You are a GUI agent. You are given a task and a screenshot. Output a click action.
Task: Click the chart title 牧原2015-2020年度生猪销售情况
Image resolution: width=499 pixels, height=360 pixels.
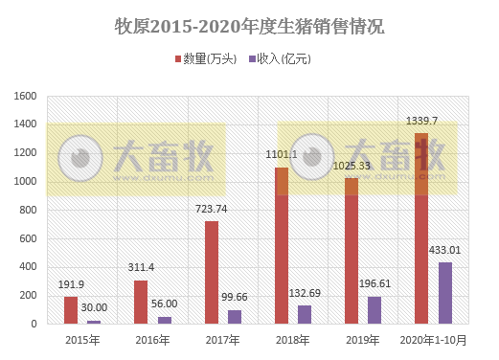point(249,26)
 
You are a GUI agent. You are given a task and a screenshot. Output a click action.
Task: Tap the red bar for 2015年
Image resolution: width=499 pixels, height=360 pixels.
point(71,310)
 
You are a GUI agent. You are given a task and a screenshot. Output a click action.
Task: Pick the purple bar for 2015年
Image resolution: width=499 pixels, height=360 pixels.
point(94,322)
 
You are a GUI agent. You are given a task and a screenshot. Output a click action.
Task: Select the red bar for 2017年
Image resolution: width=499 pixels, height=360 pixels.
point(212,273)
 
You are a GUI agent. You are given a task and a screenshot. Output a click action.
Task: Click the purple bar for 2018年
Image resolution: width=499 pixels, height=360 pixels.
point(305,315)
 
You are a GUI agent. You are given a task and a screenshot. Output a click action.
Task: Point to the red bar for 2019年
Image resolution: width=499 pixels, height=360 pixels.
point(352,251)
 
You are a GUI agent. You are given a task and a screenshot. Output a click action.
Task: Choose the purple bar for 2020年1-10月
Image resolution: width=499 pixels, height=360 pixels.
point(445,293)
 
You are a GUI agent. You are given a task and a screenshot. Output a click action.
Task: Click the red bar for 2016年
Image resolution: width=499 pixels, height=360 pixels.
point(141,302)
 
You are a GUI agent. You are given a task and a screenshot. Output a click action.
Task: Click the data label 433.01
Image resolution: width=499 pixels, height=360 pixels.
point(445,251)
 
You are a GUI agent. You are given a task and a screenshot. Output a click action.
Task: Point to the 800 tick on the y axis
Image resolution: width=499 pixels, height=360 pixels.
point(30,210)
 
